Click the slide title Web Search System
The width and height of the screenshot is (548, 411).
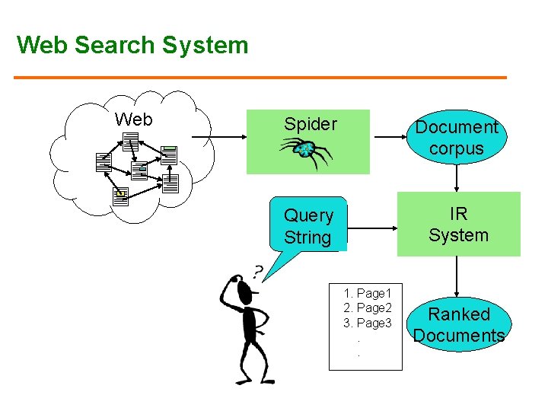(132, 45)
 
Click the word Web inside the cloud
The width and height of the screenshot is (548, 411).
(133, 119)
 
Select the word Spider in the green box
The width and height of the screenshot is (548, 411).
(310, 124)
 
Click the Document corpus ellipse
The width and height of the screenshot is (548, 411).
(456, 138)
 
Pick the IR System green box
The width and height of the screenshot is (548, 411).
(458, 224)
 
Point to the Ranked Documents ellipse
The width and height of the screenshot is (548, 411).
(458, 325)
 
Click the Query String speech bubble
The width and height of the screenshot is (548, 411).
(308, 226)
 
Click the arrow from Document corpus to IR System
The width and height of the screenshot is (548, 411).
(456, 177)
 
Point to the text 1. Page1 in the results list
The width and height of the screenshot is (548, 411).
(367, 293)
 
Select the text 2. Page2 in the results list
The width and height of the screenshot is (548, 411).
(367, 308)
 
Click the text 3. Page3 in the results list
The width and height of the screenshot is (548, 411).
(367, 323)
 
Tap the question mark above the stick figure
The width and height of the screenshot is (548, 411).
(258, 270)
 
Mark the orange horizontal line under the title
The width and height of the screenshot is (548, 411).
(260, 78)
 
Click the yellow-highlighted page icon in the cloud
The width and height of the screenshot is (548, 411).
(120, 195)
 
